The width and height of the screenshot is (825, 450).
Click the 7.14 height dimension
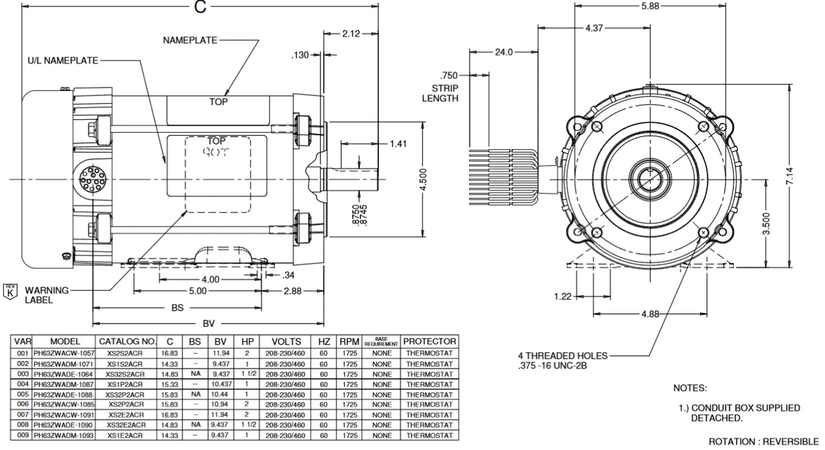[x=791, y=174]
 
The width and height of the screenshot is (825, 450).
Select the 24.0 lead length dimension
[x=503, y=53]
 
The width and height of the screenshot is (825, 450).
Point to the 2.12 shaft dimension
[x=351, y=33]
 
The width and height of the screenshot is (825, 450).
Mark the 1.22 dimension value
[x=563, y=296]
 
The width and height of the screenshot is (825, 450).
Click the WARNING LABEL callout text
[x=46, y=295]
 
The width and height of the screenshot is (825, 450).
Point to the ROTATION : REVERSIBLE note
[x=763, y=442]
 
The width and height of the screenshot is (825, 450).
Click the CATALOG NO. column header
[x=127, y=341]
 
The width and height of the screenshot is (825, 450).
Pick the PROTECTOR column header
[x=431, y=341]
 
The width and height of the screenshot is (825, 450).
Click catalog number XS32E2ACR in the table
[x=127, y=425]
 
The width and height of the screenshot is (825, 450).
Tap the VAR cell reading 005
[x=23, y=394]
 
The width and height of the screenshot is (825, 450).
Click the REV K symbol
[x=10, y=290]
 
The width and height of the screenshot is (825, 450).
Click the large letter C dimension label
[x=200, y=6]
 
